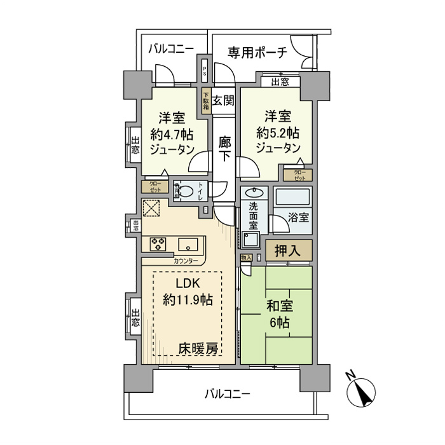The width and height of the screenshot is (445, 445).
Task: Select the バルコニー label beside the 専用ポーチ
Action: [171, 49]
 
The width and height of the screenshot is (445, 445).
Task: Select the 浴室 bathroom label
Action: [299, 217]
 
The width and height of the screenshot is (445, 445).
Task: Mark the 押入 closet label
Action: [289, 250]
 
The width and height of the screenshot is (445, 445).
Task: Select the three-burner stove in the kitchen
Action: [158, 244]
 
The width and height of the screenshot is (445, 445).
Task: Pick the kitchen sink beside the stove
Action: [188, 245]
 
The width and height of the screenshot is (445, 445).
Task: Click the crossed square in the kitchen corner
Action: [152, 209]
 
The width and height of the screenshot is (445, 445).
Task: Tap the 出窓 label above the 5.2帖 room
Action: [280, 81]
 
